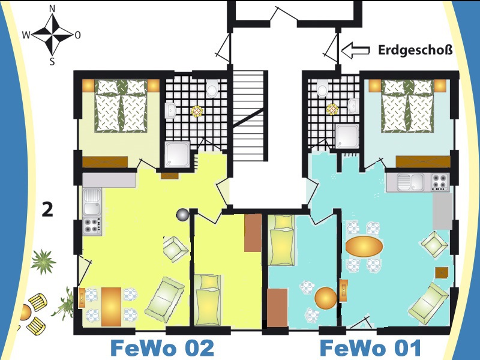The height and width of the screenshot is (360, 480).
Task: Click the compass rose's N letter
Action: [52, 9]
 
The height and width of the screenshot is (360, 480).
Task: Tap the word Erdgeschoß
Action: [415, 50]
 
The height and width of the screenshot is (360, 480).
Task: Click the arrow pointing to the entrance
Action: [355, 50]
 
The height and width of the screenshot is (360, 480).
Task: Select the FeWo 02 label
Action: [162, 348]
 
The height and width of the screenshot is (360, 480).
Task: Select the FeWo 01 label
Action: [370, 349]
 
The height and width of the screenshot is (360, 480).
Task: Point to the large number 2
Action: [47, 209]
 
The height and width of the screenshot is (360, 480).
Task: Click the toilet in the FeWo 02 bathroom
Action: [212, 88]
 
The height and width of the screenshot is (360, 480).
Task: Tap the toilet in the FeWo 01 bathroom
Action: [322, 88]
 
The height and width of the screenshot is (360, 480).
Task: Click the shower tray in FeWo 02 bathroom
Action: [177, 155]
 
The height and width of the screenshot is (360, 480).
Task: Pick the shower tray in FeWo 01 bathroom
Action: [347, 136]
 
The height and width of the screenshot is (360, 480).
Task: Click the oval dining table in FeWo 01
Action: [364, 246]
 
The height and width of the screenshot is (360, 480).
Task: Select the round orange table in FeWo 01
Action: [326, 298]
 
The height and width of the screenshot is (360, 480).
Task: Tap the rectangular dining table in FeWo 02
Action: [111, 307]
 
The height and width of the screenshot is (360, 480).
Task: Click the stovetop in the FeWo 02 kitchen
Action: [92, 226]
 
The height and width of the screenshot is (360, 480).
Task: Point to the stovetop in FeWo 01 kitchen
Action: [440, 182]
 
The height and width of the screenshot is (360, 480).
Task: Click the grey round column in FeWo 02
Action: [183, 215]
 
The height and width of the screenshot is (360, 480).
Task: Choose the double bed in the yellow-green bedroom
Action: [121, 106]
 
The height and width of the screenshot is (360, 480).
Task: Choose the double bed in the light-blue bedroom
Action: [407, 106]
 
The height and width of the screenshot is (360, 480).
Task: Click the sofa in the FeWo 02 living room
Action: [164, 299]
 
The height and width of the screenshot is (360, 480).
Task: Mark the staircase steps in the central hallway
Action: [248, 116]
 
